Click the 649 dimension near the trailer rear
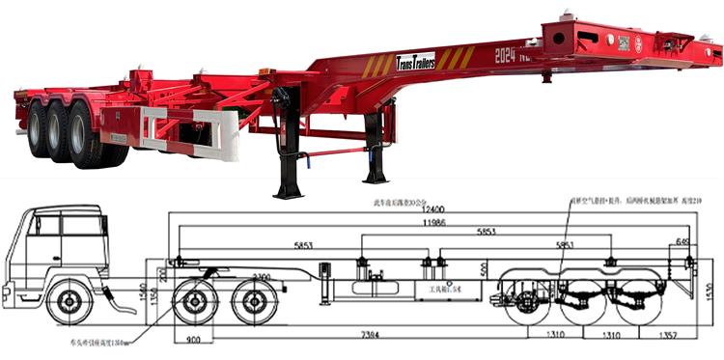683,242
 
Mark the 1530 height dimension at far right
709,290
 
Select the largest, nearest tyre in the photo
88,136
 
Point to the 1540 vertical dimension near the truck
142,289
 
